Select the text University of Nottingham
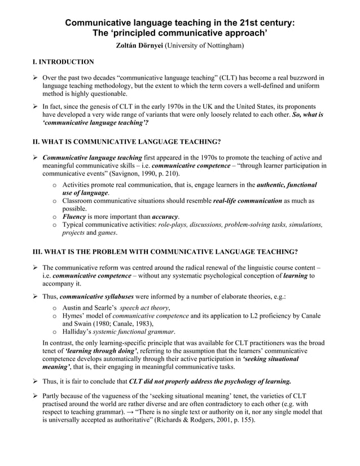[x=204, y=45]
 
